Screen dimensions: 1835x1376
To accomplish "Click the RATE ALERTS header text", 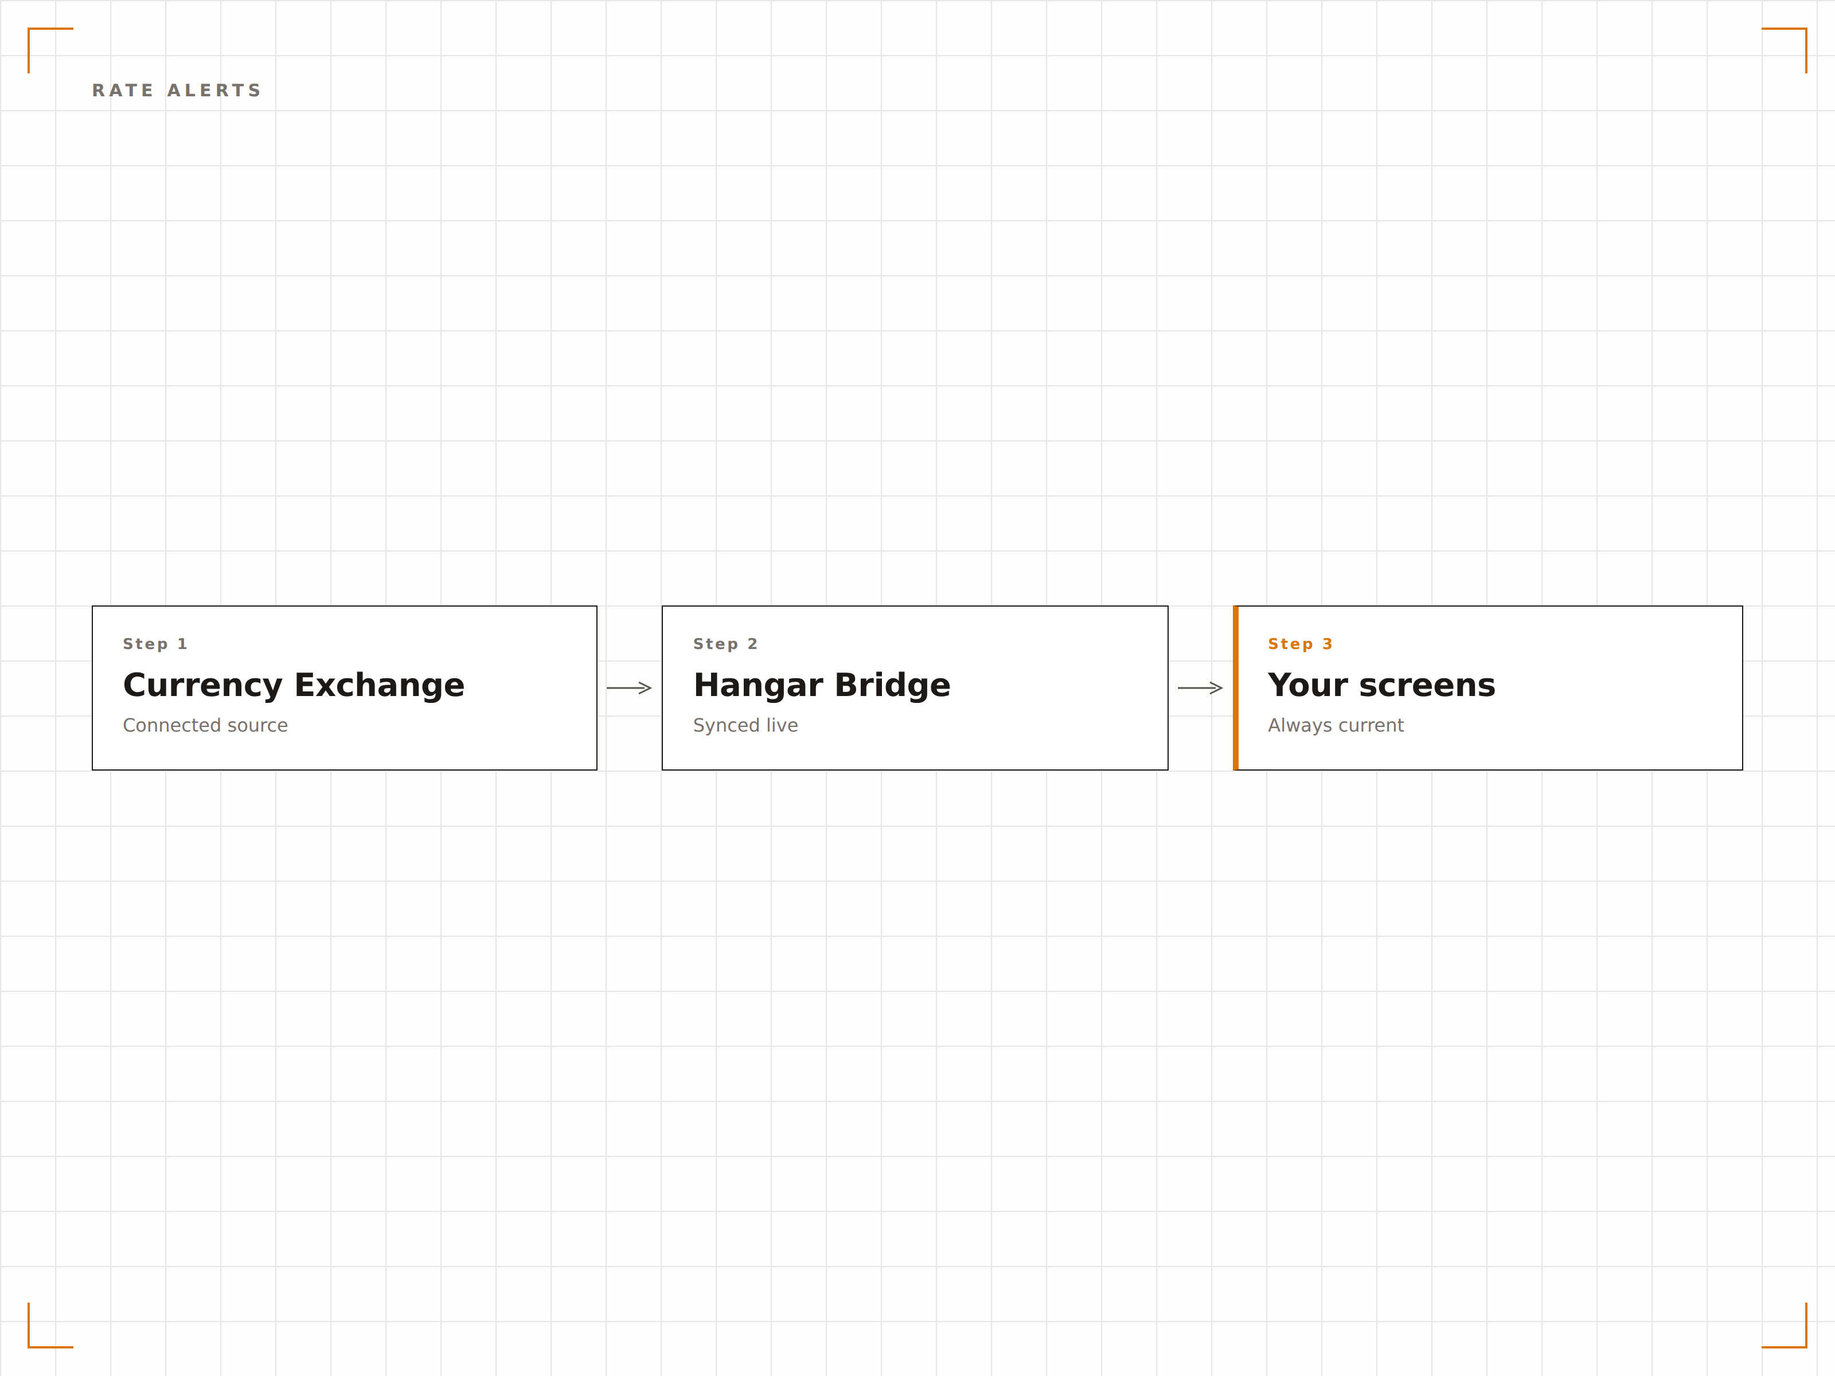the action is click(x=177, y=91).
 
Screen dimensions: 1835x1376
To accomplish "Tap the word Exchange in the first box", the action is click(x=379, y=686).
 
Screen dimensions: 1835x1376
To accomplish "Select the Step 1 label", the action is click(x=155, y=644).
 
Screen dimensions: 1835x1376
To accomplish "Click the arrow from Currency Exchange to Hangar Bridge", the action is click(x=629, y=687).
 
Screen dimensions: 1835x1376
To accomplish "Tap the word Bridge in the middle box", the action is click(x=893, y=686).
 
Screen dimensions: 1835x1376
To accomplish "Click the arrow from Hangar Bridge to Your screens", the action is click(x=1200, y=687).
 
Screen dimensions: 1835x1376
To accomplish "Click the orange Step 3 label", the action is click(x=1300, y=644).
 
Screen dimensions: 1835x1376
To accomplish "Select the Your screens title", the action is click(x=1381, y=685).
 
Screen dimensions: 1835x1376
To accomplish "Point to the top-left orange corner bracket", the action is click(x=30, y=30).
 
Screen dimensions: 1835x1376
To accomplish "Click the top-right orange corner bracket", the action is click(x=1805, y=30).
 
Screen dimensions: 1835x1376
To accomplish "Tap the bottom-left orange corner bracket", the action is click(x=30, y=1346).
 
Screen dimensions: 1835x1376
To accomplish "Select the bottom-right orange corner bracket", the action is click(x=1805, y=1346).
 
